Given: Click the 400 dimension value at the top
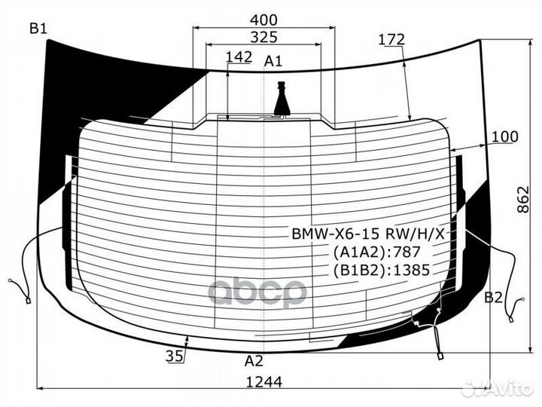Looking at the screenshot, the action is [x=263, y=20].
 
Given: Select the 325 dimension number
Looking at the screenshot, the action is [x=263, y=37].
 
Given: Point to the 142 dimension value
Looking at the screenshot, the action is [x=239, y=57].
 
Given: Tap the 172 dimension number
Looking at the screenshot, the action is [x=391, y=39].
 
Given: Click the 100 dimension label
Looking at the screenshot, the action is [x=504, y=136].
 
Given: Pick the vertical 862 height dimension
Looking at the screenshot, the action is [x=523, y=199].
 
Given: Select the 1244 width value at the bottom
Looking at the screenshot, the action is [x=264, y=382].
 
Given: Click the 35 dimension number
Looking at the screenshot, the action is [x=175, y=356].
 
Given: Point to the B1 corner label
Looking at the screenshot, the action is [x=38, y=29].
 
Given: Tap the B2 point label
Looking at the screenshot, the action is [x=493, y=297].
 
